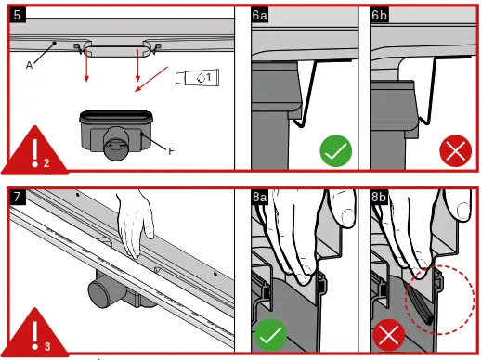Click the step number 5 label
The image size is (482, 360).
click(x=18, y=15)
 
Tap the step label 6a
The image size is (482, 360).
click(x=259, y=15)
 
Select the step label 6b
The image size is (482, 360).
click(x=379, y=15)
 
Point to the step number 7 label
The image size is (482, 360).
click(x=18, y=197)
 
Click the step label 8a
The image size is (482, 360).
click(x=259, y=197)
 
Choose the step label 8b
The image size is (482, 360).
click(x=379, y=197)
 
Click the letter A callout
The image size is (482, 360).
click(x=29, y=65)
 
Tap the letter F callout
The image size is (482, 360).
click(x=171, y=151)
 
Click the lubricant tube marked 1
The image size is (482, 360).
click(x=197, y=77)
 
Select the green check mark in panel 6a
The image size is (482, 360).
click(x=336, y=151)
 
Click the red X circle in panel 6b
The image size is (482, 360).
click(x=455, y=151)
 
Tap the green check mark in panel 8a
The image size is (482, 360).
click(x=270, y=335)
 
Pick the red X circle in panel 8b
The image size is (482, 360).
click(x=389, y=335)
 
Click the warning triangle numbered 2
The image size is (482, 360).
click(x=34, y=152)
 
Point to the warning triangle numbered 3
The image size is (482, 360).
click(x=34, y=334)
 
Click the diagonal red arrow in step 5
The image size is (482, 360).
click(x=151, y=79)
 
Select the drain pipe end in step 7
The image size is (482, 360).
click(x=99, y=292)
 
